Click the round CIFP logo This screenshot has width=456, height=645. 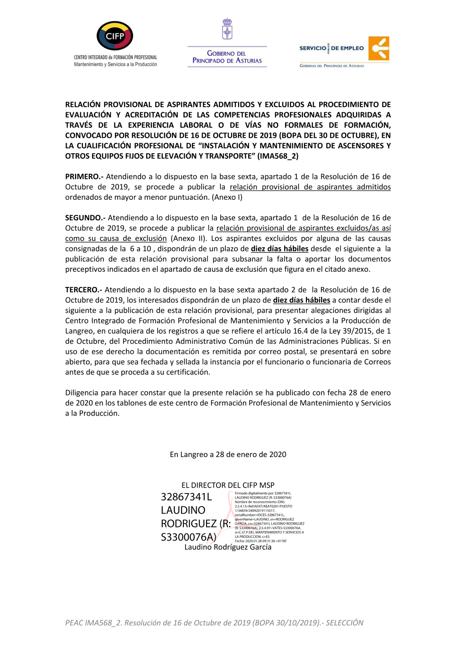pos(115,36)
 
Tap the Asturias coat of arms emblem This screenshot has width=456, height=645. pos(227,29)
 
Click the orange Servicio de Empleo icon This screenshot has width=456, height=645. pos(379,48)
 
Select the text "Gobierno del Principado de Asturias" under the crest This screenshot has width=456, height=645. pos(227,57)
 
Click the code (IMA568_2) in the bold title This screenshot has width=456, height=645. pos(278,156)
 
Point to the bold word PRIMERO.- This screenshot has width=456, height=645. pos(84,177)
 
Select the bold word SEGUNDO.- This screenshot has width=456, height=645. pos(85,218)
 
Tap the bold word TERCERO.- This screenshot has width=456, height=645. pos(84,290)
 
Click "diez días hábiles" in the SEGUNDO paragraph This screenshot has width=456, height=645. pos(280,249)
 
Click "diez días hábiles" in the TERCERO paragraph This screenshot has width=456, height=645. pos(301,300)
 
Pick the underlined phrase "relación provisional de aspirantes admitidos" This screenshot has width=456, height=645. pos(310,187)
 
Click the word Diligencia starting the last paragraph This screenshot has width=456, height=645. pos(82,393)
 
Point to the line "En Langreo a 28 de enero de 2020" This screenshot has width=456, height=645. pos(228,454)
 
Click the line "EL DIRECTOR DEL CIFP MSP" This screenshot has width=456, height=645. pos(228,485)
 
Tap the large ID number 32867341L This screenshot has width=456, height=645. pos(187,497)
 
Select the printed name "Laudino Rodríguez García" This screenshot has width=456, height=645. pos(228,547)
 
